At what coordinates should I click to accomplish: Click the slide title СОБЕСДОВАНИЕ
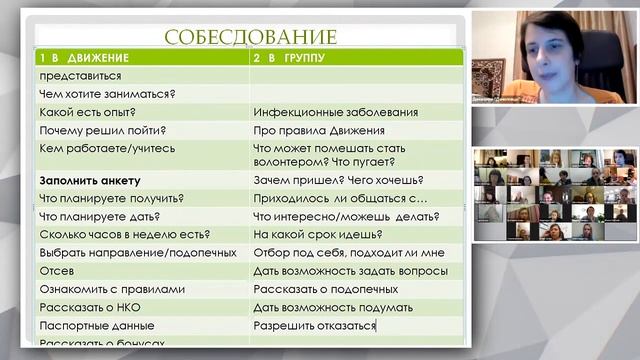coord(250,37)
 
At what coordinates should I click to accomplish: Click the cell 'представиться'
coord(80,76)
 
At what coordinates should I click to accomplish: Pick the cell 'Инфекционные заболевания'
coord(335,112)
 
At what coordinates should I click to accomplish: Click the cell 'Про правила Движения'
coord(320,130)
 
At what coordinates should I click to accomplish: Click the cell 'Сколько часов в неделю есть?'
coord(124,234)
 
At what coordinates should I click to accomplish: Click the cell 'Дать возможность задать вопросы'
coord(350,270)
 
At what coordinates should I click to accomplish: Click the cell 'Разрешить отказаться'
coord(315,325)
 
